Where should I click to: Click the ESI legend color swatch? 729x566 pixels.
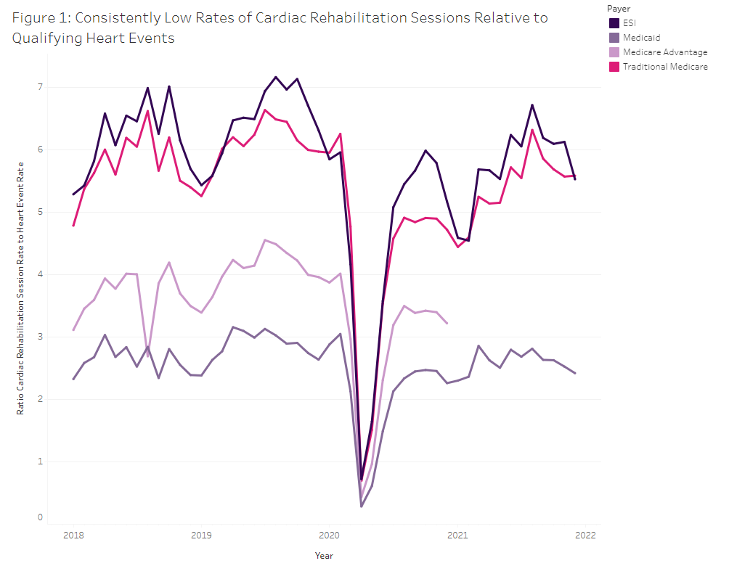[614, 22]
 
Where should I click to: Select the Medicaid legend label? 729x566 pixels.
[642, 38]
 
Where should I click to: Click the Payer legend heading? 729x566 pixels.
[619, 8]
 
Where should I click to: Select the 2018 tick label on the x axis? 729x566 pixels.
[73, 536]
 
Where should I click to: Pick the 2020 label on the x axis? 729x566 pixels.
[329, 536]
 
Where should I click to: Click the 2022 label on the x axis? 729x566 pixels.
[585, 536]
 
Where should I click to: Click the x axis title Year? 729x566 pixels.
[324, 555]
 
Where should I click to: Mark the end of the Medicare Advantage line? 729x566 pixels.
[447, 323]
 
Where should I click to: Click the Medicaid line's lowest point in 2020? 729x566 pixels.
[362, 506]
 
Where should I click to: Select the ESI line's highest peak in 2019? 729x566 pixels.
[275, 77]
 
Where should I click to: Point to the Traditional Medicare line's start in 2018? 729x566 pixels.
[73, 226]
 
